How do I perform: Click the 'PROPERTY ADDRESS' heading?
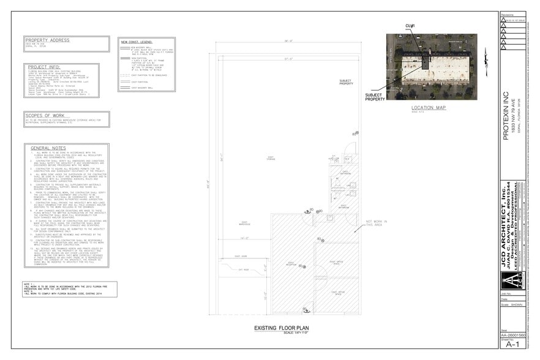click(x=48, y=40)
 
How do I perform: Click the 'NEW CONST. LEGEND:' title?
click(x=137, y=42)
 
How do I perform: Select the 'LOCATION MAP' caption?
click(x=429, y=108)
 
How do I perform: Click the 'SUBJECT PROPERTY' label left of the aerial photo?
click(x=375, y=97)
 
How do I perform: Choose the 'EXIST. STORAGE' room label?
click(x=270, y=157)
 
